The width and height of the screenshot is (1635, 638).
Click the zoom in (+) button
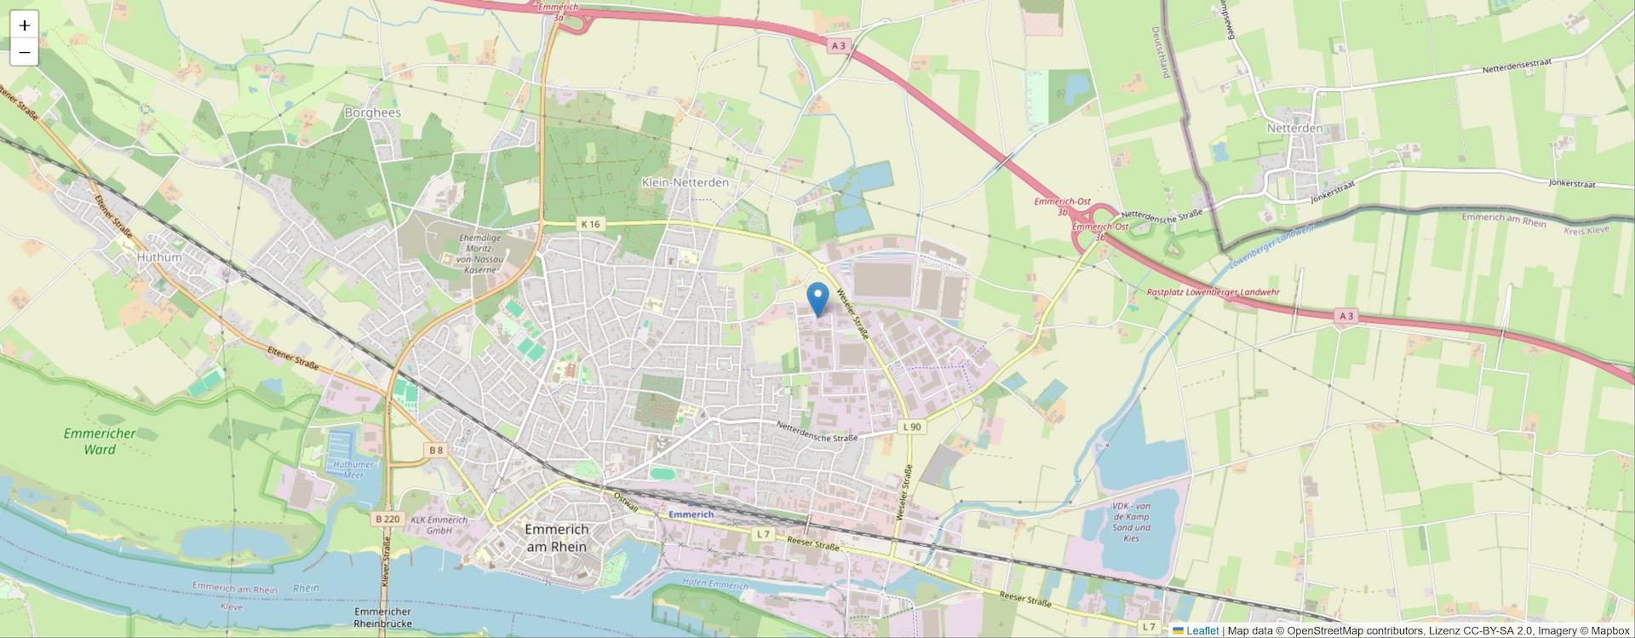(x=25, y=26)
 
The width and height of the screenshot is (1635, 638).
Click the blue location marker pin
(x=817, y=299)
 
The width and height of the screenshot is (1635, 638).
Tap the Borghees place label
(x=372, y=112)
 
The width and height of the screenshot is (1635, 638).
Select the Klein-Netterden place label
(x=685, y=182)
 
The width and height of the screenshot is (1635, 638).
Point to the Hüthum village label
(x=159, y=257)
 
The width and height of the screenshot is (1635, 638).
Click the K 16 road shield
(x=590, y=224)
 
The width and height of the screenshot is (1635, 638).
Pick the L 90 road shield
(x=911, y=427)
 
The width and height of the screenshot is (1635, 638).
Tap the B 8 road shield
(x=436, y=450)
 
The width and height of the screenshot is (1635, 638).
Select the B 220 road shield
(x=387, y=518)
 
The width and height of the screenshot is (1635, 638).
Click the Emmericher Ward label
(x=100, y=441)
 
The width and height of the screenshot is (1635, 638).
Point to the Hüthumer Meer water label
(x=353, y=469)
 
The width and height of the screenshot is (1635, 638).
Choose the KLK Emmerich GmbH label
(x=439, y=525)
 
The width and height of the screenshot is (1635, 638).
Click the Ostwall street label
(x=626, y=499)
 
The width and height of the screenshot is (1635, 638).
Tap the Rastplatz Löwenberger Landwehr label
(x=1213, y=292)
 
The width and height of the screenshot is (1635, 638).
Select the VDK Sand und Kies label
(x=1131, y=521)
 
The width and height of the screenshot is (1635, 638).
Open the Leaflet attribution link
(x=1202, y=630)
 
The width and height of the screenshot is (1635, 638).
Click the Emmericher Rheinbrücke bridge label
(x=382, y=618)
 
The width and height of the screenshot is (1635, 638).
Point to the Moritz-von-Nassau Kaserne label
(x=480, y=254)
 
